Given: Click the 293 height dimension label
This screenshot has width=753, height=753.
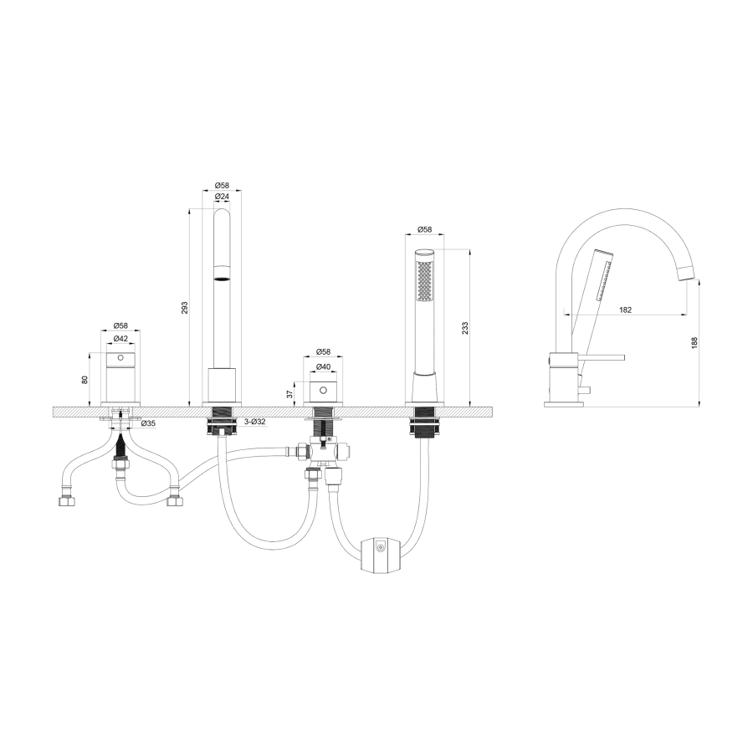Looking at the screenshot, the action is click(x=184, y=307).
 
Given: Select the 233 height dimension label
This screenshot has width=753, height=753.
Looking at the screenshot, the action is click(x=464, y=327).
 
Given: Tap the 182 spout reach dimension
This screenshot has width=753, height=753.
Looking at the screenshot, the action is click(x=625, y=310).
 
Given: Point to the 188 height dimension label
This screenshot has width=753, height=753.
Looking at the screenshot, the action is click(x=694, y=343).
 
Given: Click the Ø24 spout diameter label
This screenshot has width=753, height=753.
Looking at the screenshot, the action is click(x=222, y=196).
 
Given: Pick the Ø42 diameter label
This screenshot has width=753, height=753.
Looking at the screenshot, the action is click(x=120, y=338).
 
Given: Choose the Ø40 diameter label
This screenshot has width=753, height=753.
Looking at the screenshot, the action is click(x=324, y=366).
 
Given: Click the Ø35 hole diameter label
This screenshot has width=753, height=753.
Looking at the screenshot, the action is click(x=148, y=423).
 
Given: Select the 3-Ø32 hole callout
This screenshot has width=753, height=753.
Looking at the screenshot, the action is click(x=255, y=422).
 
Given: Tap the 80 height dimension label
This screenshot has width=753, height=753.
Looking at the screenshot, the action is click(x=85, y=379).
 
